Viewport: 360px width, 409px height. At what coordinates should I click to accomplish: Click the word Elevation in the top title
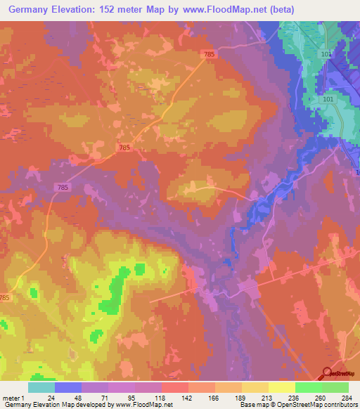77,9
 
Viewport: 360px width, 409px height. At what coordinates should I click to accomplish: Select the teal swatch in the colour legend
41,387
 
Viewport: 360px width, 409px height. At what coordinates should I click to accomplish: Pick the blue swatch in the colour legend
67,387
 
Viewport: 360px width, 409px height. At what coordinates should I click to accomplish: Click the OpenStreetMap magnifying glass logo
328,375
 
